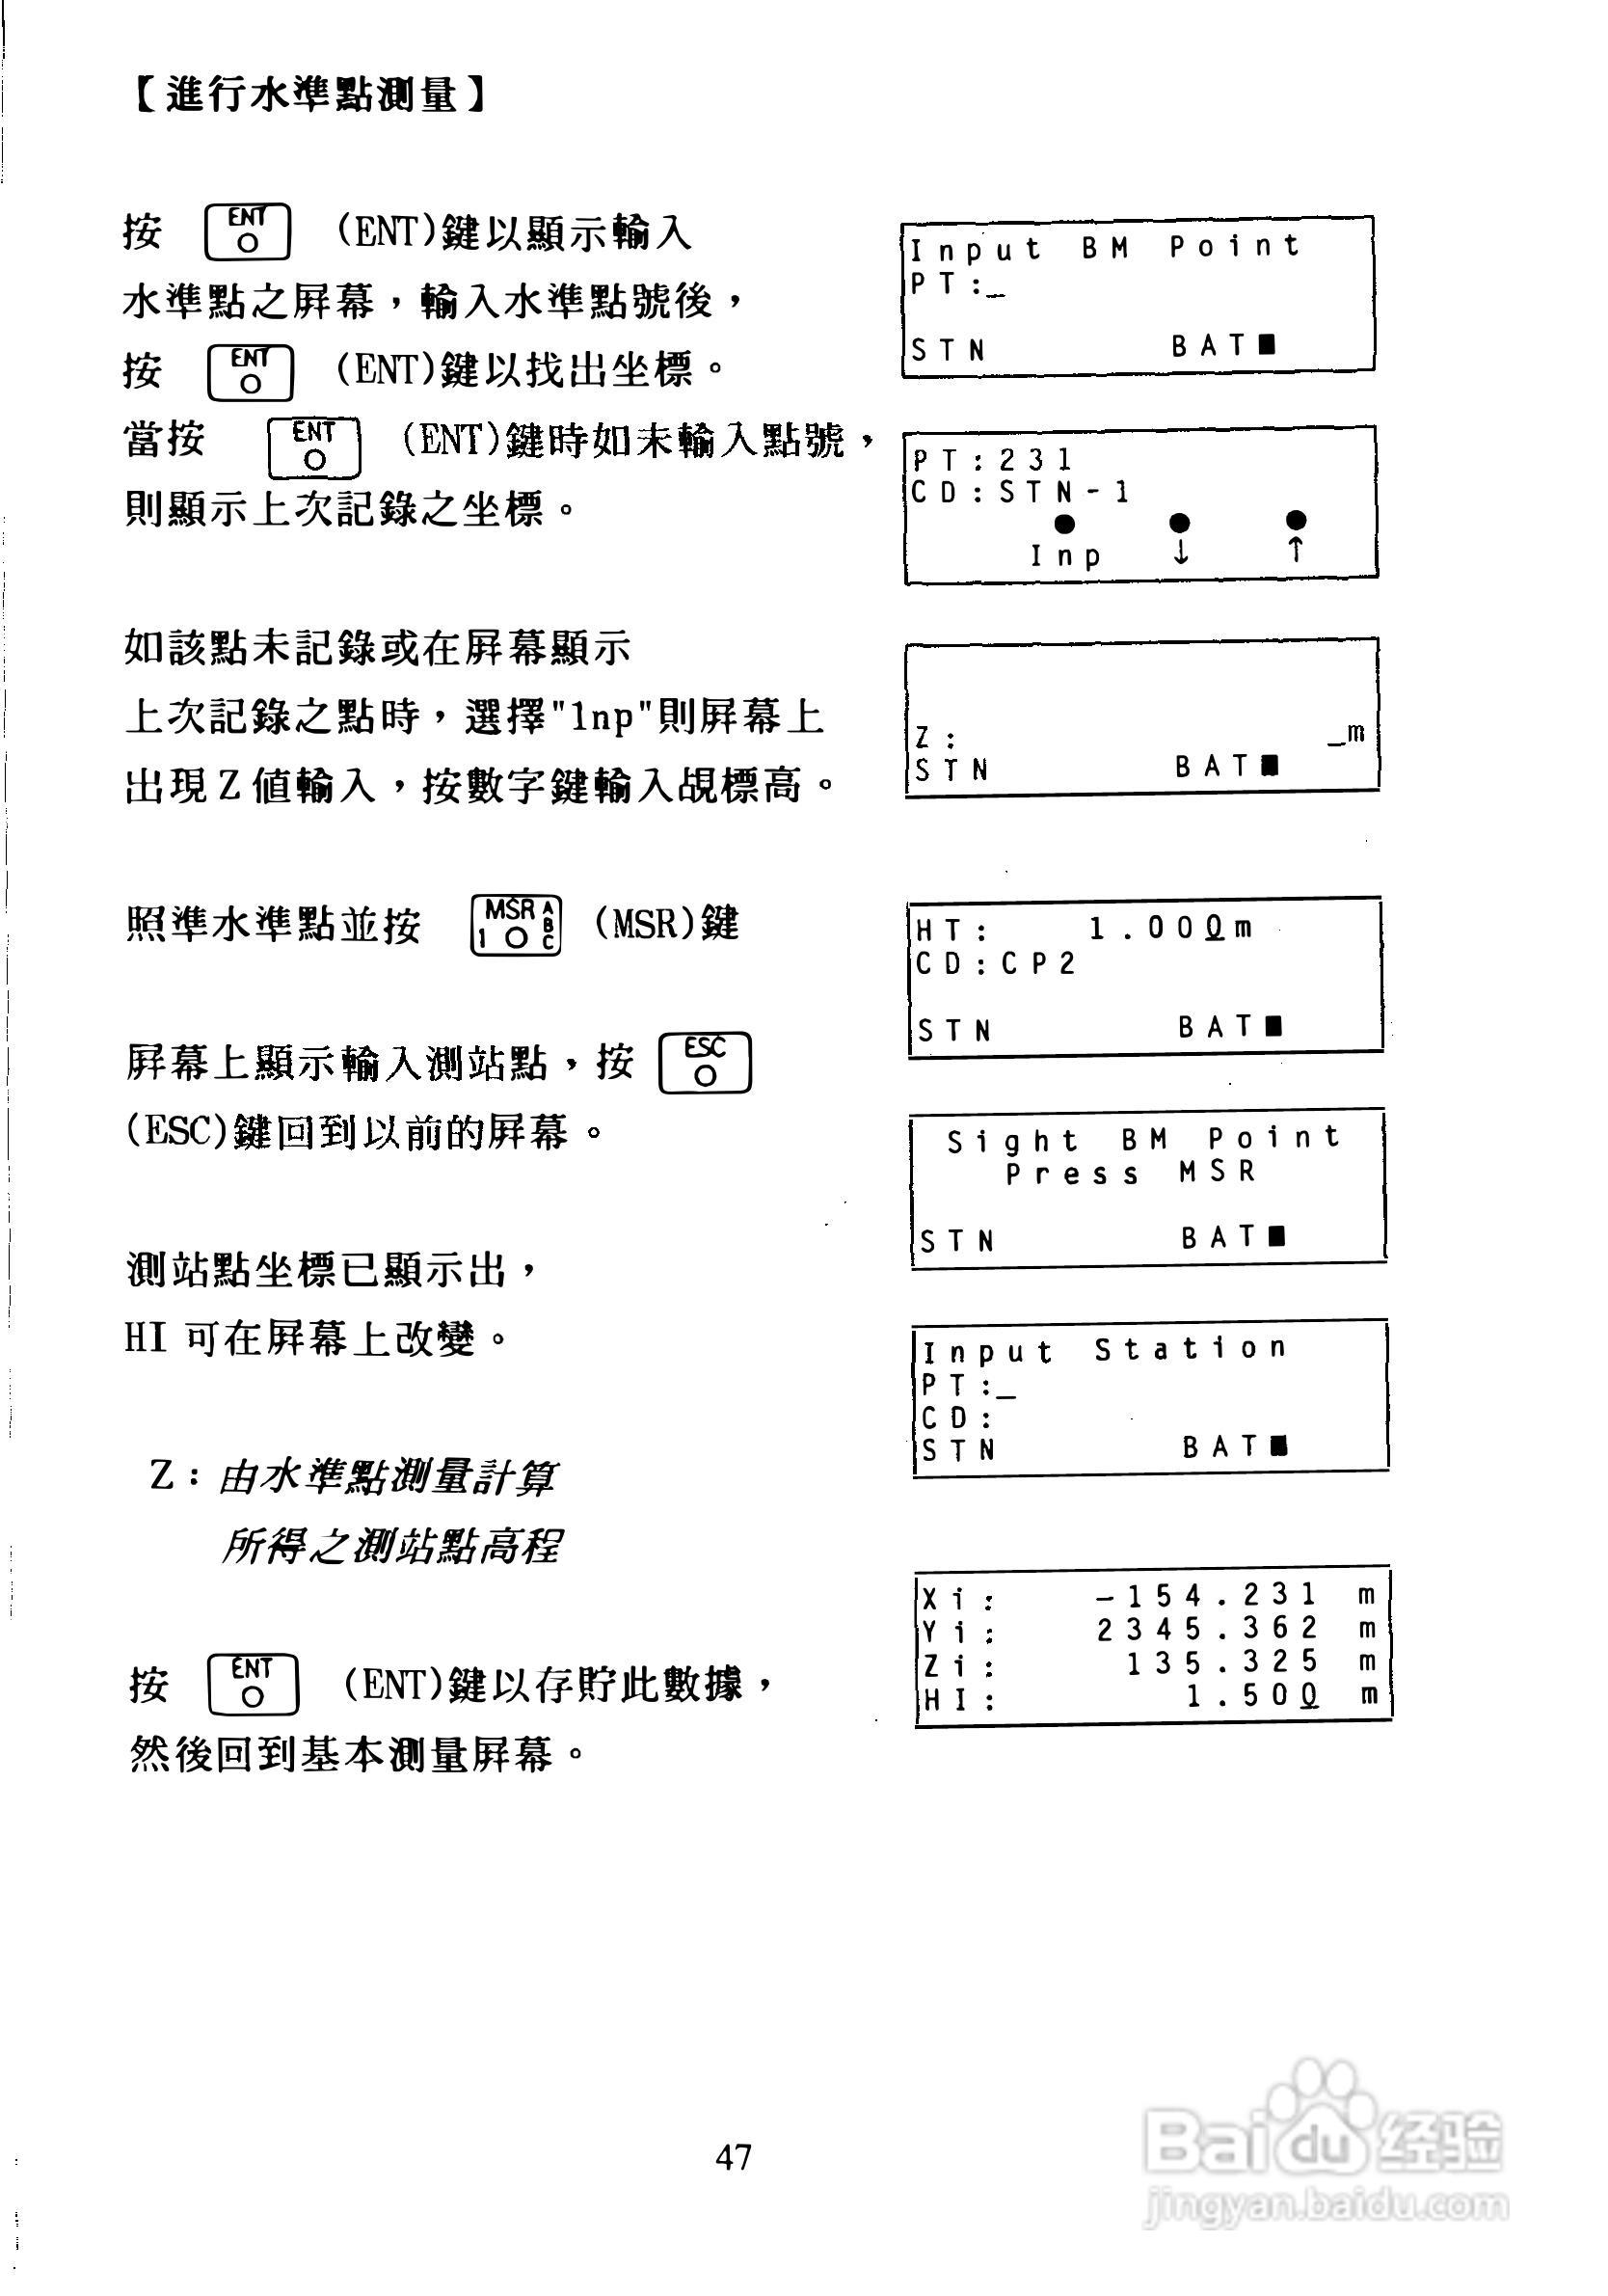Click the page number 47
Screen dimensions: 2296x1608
pyautogui.click(x=733, y=2156)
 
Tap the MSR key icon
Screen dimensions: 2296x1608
pyautogui.click(x=516, y=925)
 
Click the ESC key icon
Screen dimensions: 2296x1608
pyautogui.click(x=705, y=1063)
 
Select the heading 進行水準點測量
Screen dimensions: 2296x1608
pyautogui.click(x=309, y=96)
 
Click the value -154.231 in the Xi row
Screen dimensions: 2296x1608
pyautogui.click(x=1206, y=1594)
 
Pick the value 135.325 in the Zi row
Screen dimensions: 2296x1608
pyautogui.click(x=1221, y=1662)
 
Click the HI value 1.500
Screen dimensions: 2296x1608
pyautogui.click(x=1252, y=1696)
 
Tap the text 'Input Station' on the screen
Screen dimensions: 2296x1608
pyautogui.click(x=1104, y=1350)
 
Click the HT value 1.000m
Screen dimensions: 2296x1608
pyautogui.click(x=1169, y=929)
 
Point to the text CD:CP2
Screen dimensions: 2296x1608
pyautogui.click(x=996, y=963)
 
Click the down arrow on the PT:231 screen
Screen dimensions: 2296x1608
pyautogui.click(x=1180, y=551)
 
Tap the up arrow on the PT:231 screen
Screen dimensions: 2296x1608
pyautogui.click(x=1296, y=549)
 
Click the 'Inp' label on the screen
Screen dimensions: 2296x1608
pyautogui.click(x=1066, y=555)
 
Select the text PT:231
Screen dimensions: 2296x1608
pyautogui.click(x=992, y=460)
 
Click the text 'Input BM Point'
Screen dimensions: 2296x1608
pyautogui.click(x=1104, y=247)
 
